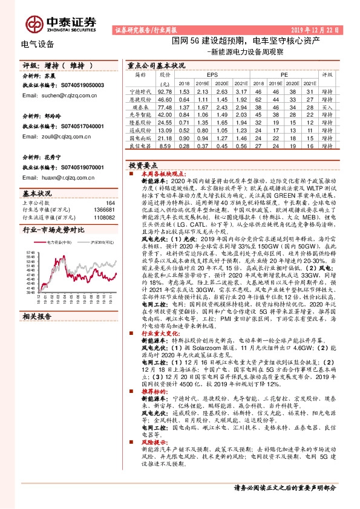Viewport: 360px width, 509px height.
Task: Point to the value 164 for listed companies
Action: point(110,203)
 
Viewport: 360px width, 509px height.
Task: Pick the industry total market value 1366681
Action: point(103,210)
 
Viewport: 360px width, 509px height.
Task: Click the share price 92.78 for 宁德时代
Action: point(165,90)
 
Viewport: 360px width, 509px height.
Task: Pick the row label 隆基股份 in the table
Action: point(139,122)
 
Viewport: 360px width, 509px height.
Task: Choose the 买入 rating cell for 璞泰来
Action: point(327,106)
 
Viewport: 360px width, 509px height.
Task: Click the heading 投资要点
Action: point(143,164)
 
